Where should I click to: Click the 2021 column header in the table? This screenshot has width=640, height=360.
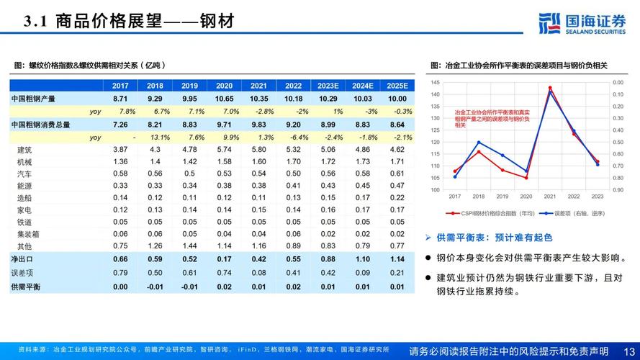pos(258,85)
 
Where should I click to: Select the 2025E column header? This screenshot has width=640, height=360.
pos(396,85)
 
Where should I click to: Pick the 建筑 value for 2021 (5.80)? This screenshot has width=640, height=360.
pos(258,149)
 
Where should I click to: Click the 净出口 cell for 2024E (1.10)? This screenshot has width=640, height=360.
pos(362,259)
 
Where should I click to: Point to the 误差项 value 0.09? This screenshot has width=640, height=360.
pos(362,272)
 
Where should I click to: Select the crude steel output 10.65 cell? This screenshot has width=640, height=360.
pos(224,99)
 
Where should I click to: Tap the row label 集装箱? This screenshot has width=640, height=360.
pos(28,234)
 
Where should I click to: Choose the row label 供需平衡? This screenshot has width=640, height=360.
pos(25,287)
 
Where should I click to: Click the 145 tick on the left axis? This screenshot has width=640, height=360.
pos(435,82)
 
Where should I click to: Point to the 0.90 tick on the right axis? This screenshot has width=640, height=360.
pos(618,190)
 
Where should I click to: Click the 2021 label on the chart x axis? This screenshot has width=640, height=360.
pos(549,197)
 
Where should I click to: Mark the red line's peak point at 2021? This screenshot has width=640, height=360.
pos(550,88)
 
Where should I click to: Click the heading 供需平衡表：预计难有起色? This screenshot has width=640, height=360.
pos(492,237)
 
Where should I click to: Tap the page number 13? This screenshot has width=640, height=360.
pos(628,351)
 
